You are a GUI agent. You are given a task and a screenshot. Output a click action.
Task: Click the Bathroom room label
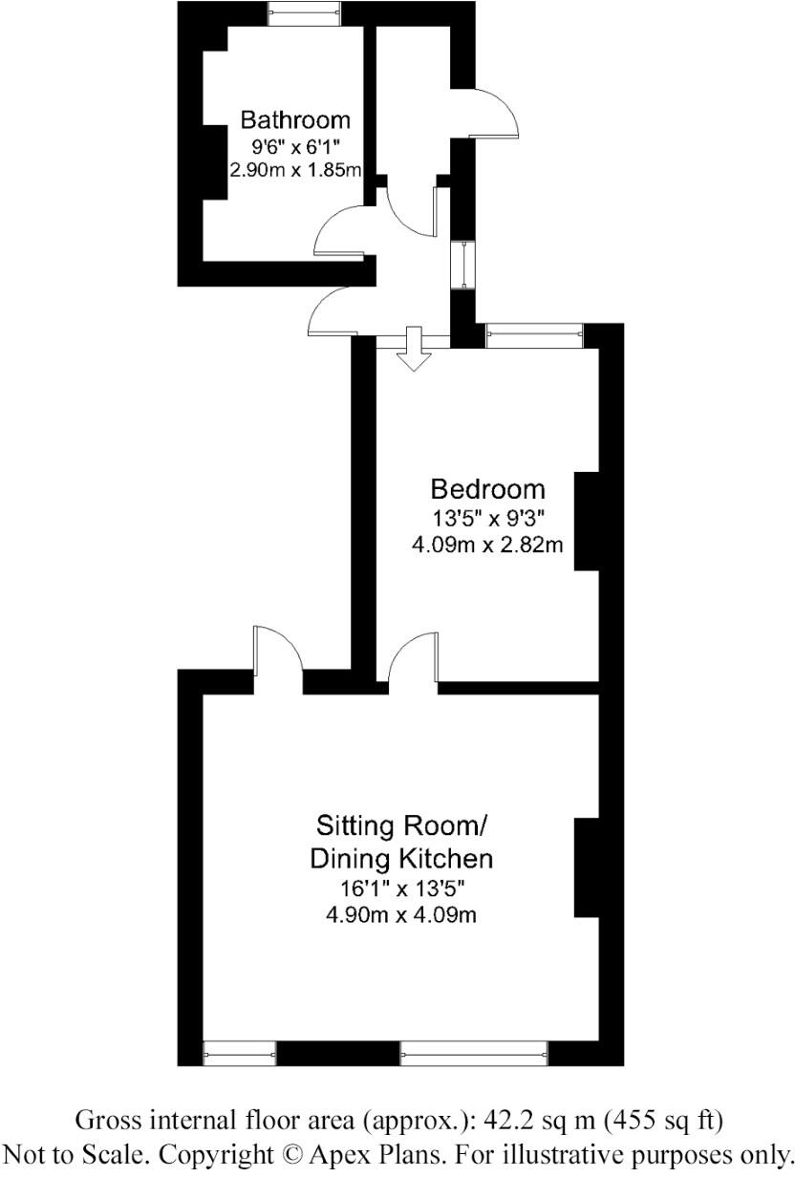[294, 120]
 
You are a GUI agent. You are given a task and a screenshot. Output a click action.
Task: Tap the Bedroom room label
[487, 489]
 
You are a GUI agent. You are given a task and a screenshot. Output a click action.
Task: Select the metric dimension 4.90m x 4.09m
[401, 914]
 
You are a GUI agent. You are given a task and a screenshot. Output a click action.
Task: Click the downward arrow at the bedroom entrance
[414, 348]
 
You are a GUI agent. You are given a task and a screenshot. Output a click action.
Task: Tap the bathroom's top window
[304, 12]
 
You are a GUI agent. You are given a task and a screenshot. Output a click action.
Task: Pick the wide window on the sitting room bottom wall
[474, 1054]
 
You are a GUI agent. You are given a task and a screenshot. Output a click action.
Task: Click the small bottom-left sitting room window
[240, 1054]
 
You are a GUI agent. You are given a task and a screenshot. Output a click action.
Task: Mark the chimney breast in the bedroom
[586, 522]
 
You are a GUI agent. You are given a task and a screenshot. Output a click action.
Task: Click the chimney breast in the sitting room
[586, 867]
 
